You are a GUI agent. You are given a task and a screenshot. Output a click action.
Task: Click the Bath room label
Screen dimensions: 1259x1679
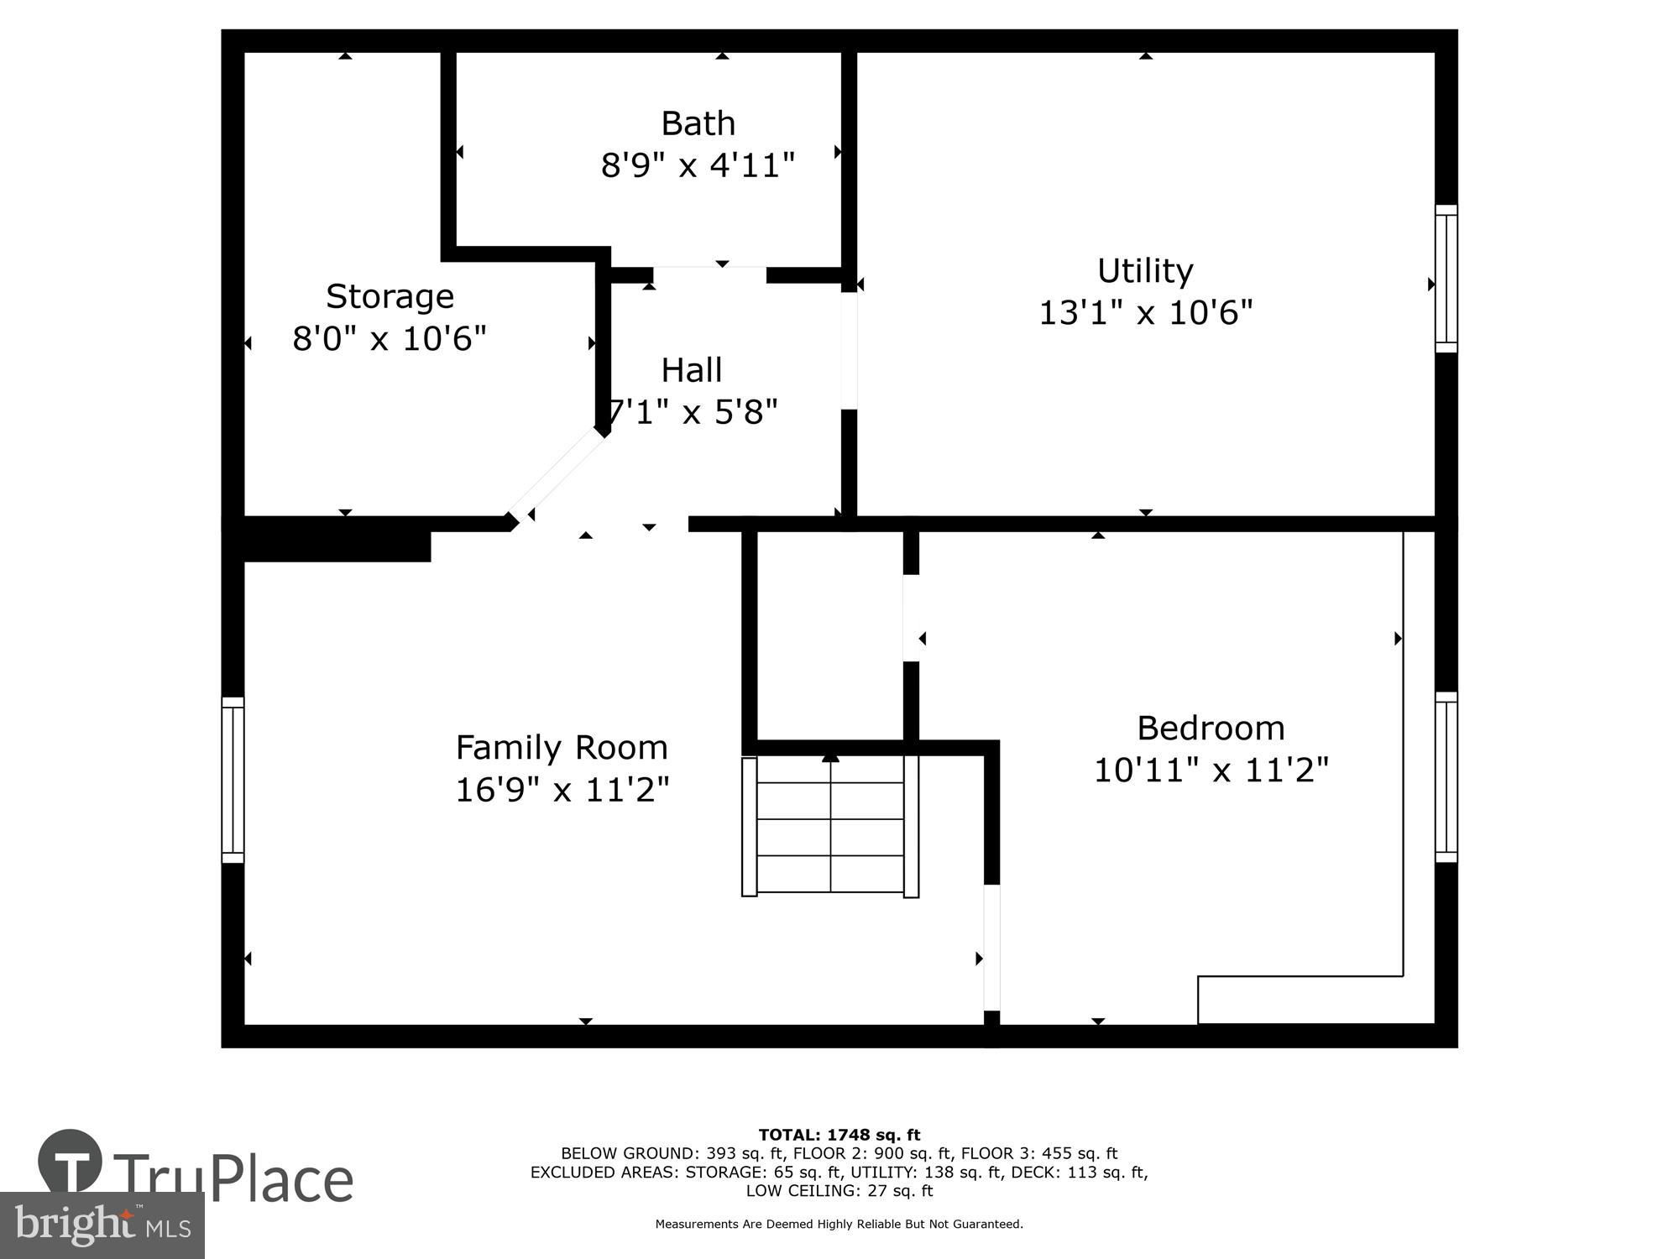[x=698, y=124]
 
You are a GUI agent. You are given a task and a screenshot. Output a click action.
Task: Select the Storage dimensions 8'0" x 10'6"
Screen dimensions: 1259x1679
[x=390, y=339]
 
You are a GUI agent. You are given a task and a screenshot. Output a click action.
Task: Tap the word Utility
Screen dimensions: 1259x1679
[x=1145, y=271]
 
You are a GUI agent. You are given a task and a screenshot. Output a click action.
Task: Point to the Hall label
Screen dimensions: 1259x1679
[x=691, y=370]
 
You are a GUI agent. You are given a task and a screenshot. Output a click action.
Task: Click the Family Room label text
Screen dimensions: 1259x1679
[x=562, y=748]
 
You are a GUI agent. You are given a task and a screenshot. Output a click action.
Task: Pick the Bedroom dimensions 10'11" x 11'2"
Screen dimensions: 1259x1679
[x=1211, y=770]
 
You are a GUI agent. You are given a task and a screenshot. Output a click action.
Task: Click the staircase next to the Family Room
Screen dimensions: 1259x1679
[x=830, y=826]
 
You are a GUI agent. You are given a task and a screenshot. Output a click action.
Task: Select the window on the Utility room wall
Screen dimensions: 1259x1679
[x=1446, y=279]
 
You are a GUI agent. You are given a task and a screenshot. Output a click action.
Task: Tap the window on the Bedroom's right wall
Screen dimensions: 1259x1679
[x=1446, y=777]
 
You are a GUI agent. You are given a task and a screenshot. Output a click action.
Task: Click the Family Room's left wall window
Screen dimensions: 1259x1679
[x=233, y=780]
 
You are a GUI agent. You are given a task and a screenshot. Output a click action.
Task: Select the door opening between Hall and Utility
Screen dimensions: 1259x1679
[x=849, y=351]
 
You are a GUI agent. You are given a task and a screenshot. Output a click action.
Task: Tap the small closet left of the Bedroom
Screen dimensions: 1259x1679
[x=829, y=635]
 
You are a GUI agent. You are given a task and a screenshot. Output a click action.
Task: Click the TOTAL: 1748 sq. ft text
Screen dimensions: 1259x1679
[x=839, y=1136]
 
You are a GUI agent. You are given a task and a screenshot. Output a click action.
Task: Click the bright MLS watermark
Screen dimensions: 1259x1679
[x=102, y=1225]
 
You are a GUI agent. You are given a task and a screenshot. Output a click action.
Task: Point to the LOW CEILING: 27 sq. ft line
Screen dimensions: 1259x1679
[x=839, y=1191]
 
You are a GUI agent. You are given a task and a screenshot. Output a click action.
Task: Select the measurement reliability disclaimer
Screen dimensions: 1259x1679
[x=839, y=1225]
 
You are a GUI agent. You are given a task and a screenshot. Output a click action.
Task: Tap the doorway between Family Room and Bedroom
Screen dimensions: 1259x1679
[x=991, y=947]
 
